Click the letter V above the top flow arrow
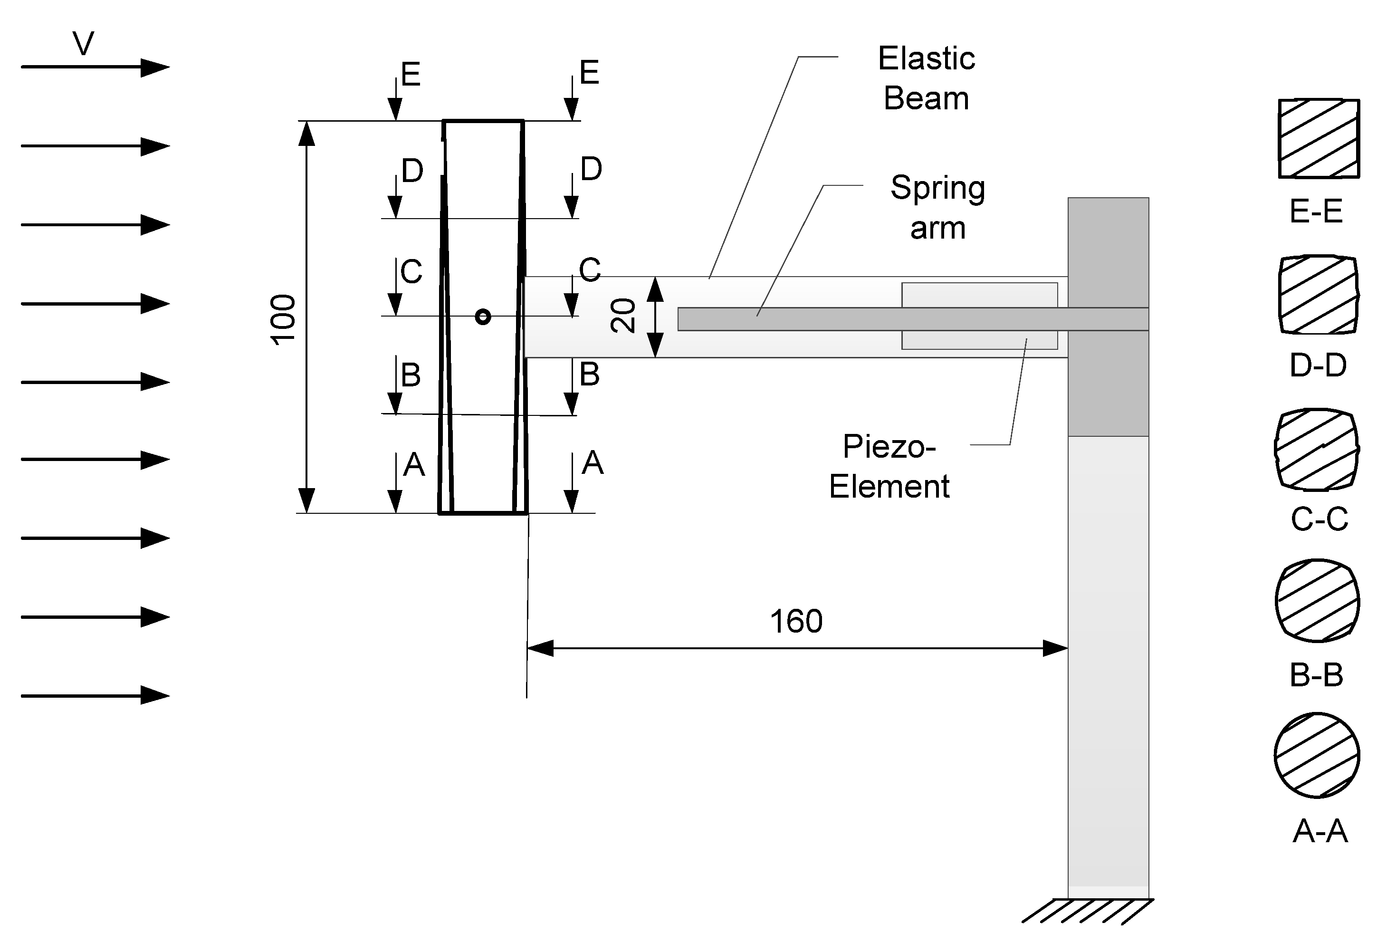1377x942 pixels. (84, 44)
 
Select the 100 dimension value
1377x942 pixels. (283, 319)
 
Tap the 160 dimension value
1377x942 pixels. (796, 621)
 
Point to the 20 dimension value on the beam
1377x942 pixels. (623, 316)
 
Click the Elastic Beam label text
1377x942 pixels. (926, 78)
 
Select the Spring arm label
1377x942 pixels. (937, 208)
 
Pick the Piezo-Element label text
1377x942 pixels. (889, 467)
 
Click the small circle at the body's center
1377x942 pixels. (483, 317)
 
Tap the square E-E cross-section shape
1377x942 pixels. (1319, 138)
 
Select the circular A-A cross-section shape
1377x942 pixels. (1317, 755)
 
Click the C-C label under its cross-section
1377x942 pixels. (1319, 519)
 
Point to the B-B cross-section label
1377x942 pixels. (1316, 674)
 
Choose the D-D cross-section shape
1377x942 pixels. (1318, 295)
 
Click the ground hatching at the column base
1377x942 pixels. (1087, 912)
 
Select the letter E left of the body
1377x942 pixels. (411, 75)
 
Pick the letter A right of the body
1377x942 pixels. (593, 463)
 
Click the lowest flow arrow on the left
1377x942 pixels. (95, 695)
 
